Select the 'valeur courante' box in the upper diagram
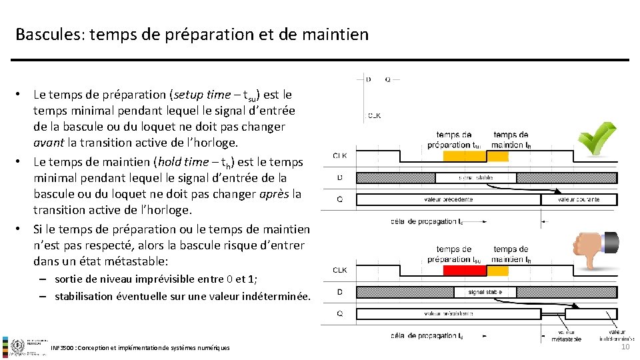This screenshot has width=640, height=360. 579,199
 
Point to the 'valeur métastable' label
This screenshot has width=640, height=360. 566,335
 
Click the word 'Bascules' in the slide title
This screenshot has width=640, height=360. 46,34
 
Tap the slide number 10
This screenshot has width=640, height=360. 625,347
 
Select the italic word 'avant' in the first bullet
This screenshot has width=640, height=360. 49,143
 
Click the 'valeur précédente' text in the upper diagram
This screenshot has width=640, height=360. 448,199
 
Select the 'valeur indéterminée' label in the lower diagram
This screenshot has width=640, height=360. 617,335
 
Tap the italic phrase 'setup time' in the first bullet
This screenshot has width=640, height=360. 199,95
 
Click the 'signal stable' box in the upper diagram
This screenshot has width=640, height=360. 475,178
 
